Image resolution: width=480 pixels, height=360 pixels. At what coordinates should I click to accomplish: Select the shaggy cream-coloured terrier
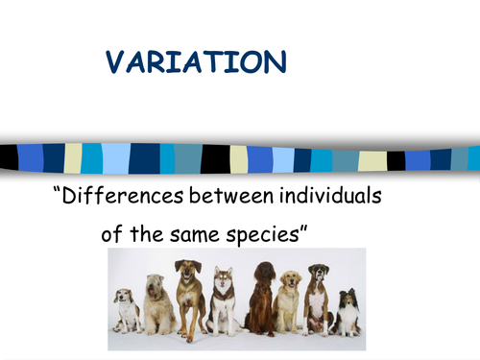[158, 305]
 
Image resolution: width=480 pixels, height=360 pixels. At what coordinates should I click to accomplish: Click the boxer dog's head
[318, 276]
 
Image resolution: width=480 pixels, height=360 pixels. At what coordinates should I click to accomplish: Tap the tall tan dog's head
[188, 272]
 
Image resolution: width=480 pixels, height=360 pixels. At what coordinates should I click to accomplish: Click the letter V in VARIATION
[115, 64]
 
